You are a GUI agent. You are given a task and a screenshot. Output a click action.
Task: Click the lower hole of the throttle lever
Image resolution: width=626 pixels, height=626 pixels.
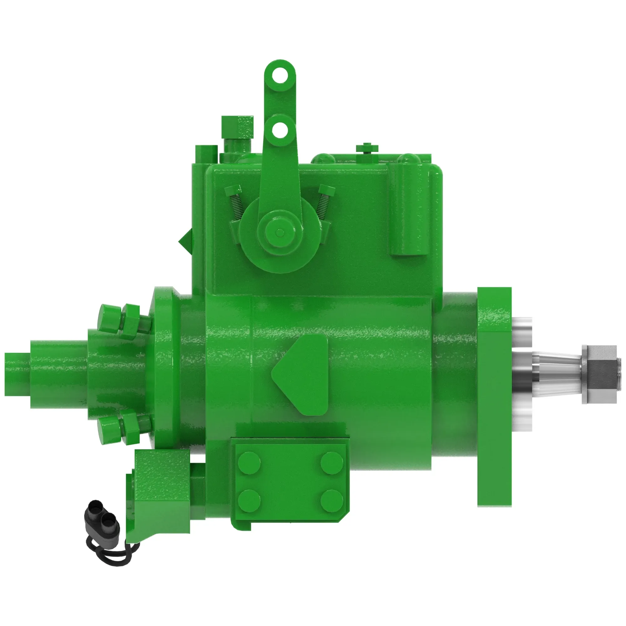click(x=280, y=131)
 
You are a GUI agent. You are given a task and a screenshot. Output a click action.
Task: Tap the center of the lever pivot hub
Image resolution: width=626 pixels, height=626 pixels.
click(x=279, y=232)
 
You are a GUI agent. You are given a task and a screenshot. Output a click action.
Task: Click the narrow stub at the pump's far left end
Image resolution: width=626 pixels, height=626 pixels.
click(x=17, y=374)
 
